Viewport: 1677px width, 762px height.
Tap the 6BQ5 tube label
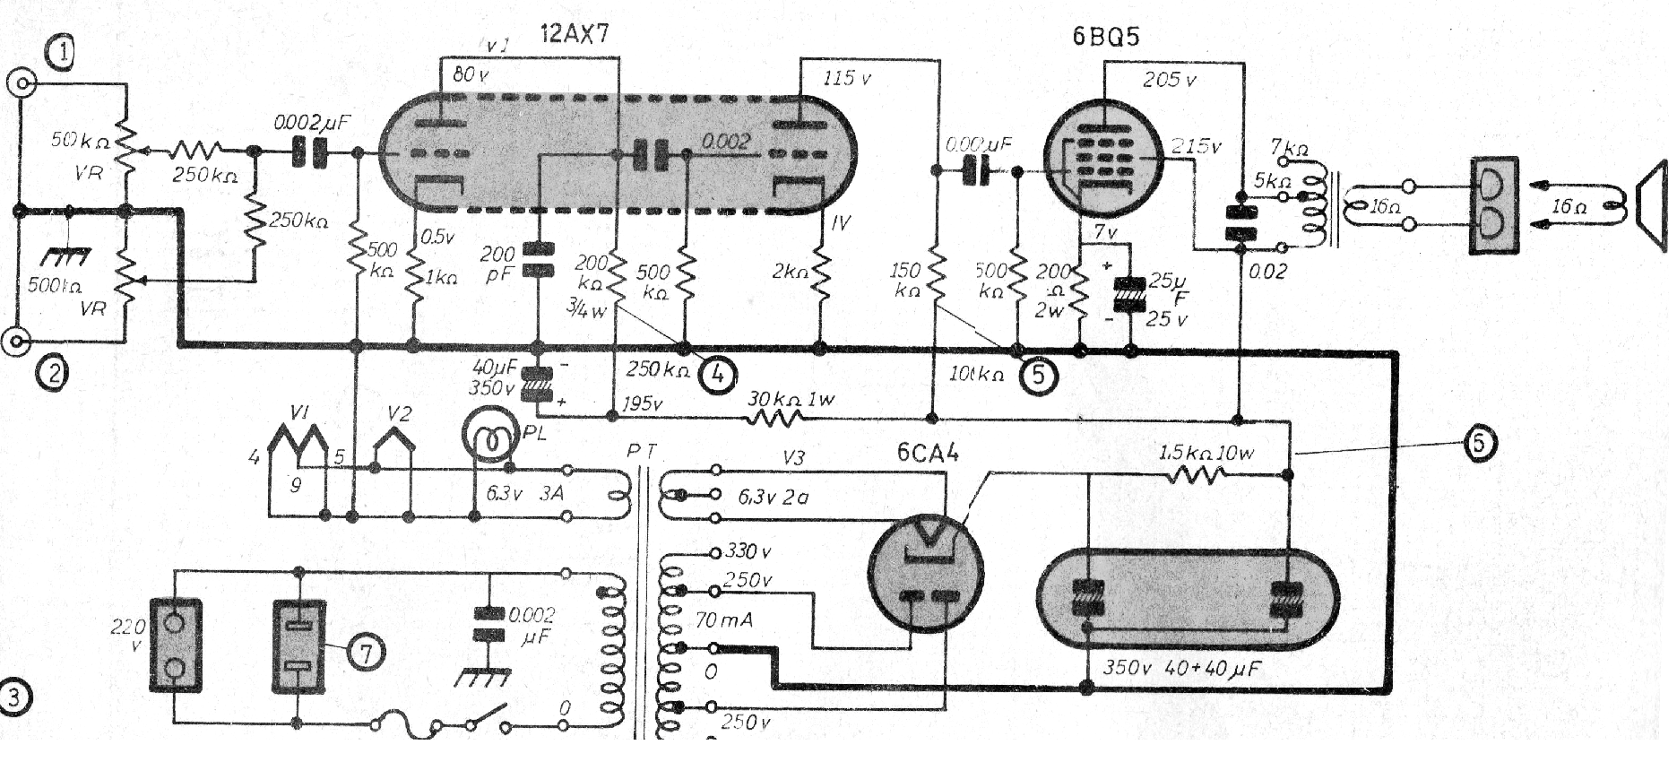[1105, 37]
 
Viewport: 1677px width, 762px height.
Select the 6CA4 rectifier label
[928, 453]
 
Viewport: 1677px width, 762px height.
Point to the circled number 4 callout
[718, 374]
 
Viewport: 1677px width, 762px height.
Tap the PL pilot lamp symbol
[489, 437]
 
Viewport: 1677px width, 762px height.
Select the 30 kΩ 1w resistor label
[791, 398]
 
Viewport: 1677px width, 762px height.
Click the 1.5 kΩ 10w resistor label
[1206, 453]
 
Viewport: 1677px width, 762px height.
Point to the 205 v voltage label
[1169, 81]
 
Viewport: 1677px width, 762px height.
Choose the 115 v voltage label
[847, 78]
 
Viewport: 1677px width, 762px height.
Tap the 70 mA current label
[724, 620]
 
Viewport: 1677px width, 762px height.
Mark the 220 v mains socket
[175, 645]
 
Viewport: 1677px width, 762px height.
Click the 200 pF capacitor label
[498, 265]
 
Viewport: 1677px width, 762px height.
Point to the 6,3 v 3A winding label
[524, 493]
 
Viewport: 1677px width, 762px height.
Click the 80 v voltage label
[471, 75]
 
